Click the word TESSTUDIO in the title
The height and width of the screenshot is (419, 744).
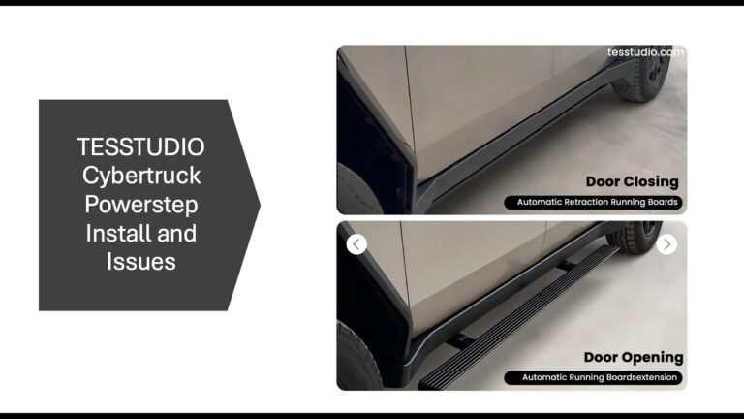point(140,146)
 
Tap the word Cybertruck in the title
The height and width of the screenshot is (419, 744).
point(141,176)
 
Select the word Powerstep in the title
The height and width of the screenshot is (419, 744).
point(141,205)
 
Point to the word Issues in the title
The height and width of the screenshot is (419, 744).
point(141,262)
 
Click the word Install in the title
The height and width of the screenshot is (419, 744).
point(117,233)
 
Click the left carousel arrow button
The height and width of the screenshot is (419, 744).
point(356,244)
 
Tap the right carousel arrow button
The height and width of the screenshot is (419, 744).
point(666,244)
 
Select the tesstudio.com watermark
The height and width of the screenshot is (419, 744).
point(645,52)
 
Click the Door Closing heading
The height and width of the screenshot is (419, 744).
point(632,181)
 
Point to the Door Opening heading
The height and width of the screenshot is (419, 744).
point(634,357)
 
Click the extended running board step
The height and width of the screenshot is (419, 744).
point(517,318)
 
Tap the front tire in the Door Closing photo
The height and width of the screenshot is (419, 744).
point(358,190)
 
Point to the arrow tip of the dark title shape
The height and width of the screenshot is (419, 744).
point(260,205)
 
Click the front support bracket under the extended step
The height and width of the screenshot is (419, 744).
point(459,340)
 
